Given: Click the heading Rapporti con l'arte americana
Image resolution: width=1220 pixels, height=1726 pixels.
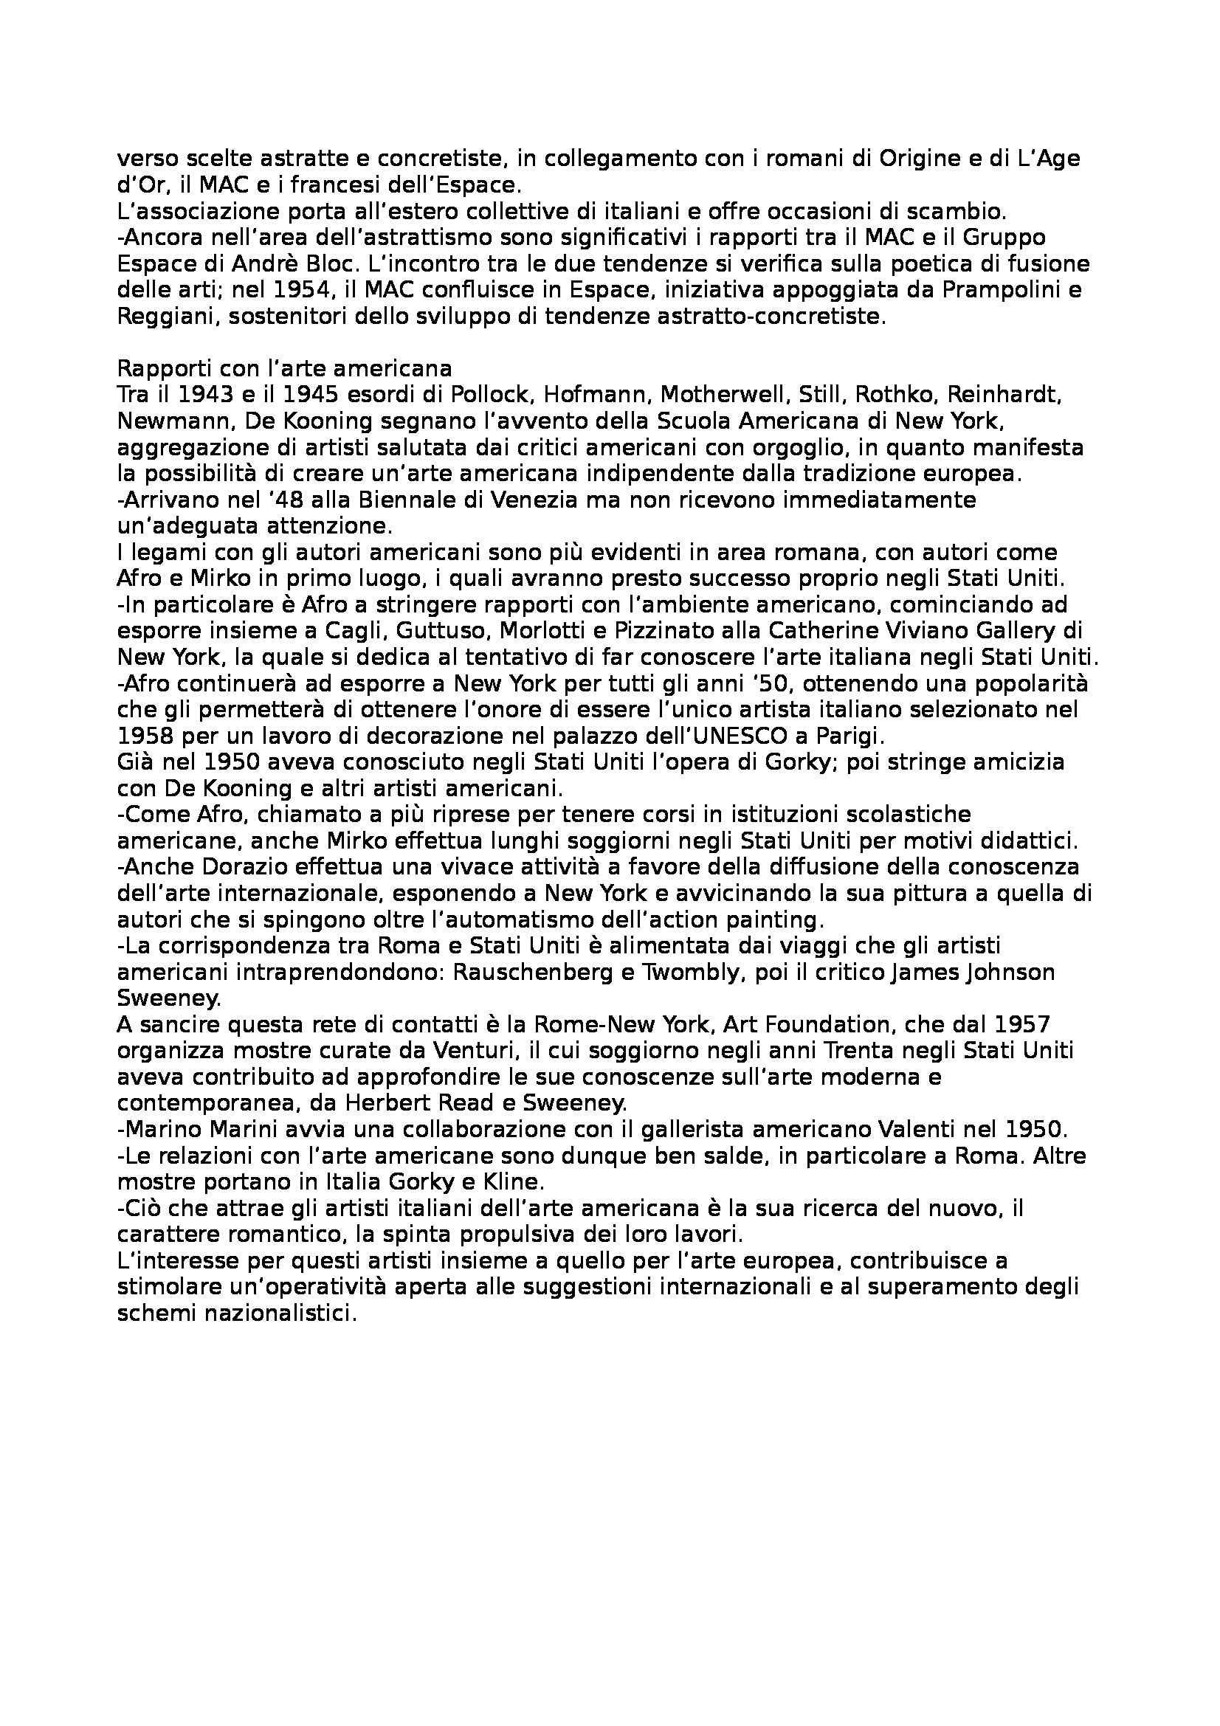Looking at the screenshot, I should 285,369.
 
